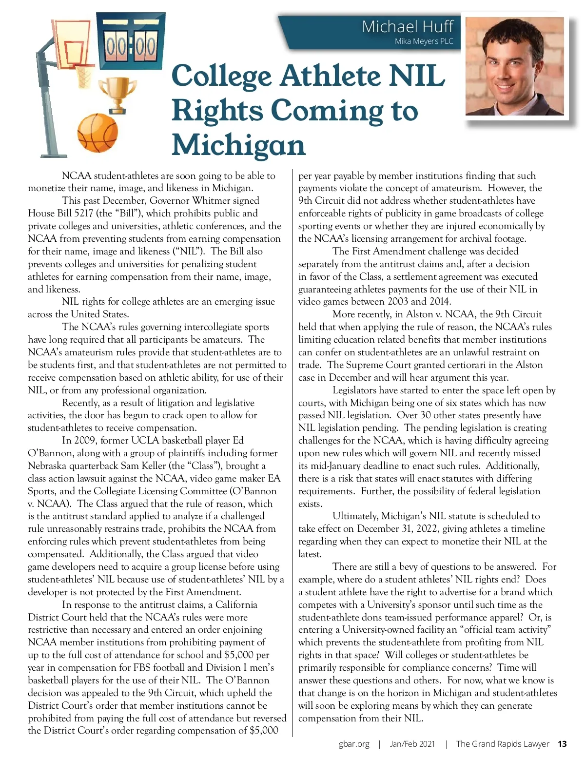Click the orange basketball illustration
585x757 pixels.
(97, 133)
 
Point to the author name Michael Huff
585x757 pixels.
(408, 26)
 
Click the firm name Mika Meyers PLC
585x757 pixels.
(424, 41)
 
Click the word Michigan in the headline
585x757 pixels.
(239, 145)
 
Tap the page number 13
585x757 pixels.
(562, 744)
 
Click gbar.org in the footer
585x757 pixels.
(354, 744)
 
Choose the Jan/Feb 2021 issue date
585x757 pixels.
(412, 744)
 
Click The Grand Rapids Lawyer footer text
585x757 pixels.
(503, 744)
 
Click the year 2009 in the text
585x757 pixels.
(85, 441)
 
